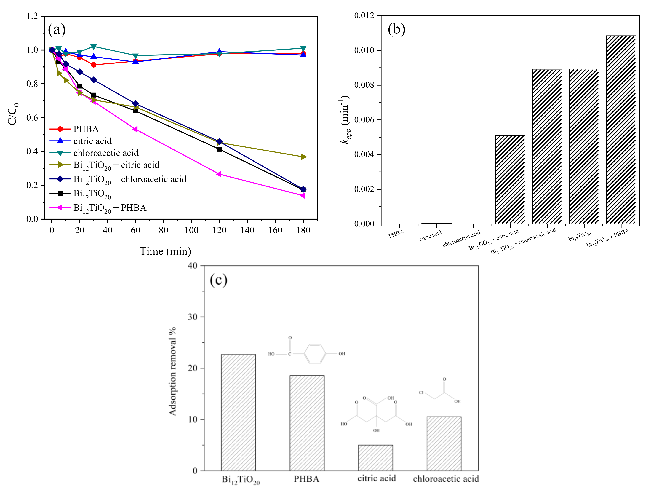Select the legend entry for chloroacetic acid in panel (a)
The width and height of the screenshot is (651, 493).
click(106, 153)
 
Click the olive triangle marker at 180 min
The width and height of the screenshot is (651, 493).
click(303, 157)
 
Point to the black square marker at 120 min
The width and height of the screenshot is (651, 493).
click(219, 149)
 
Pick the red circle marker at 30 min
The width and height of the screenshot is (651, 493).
click(94, 65)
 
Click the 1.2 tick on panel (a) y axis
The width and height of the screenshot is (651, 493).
click(32, 16)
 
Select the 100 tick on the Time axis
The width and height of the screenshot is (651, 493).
click(191, 230)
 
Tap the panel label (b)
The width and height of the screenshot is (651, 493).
click(396, 29)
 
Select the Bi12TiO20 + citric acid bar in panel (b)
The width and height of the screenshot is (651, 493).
click(510, 180)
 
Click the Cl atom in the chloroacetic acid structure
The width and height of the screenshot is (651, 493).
click(421, 393)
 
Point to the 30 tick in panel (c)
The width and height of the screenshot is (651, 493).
click(193, 317)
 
